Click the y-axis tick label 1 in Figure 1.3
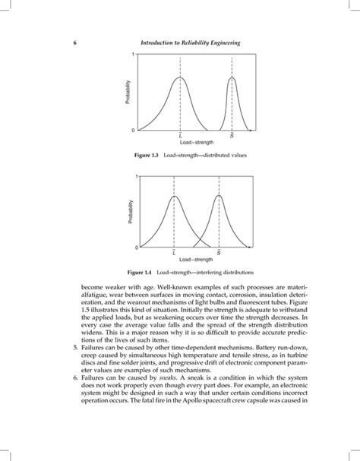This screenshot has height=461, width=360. click(132, 55)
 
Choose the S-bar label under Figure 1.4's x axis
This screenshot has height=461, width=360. click(219, 252)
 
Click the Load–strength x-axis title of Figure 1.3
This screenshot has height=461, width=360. click(197, 142)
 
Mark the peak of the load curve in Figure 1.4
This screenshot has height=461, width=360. click(175, 196)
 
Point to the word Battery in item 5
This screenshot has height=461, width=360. click(249, 352)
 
